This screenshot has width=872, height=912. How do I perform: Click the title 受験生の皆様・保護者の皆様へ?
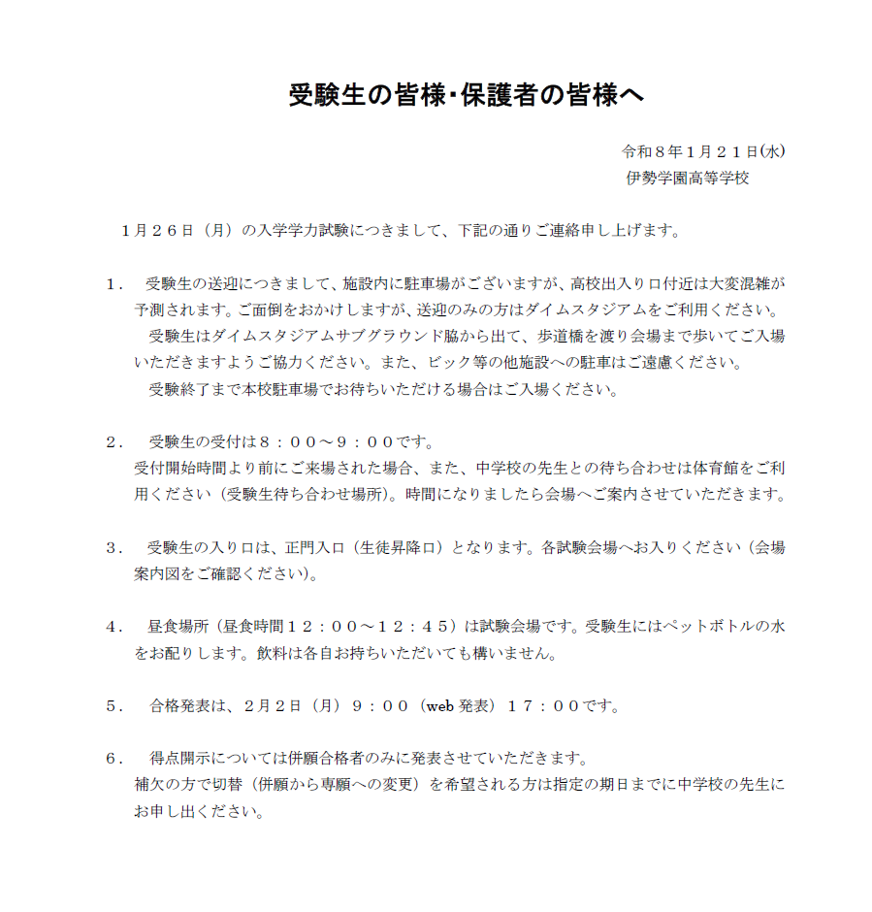click(465, 96)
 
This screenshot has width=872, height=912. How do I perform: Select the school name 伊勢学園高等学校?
click(688, 179)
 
